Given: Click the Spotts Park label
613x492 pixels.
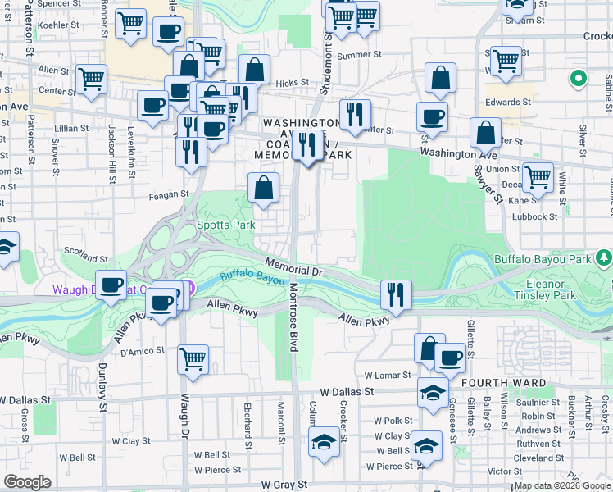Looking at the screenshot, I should tap(225, 225).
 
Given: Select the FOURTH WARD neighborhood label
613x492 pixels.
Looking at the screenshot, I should tap(497, 383).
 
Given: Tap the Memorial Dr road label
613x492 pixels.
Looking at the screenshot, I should tap(295, 267).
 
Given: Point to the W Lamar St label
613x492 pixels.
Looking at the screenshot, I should tap(392, 374).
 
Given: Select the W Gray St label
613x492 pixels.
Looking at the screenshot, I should tap(279, 485).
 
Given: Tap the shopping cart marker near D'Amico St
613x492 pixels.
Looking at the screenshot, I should tap(193, 358).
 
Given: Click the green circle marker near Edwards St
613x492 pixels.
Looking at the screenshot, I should tap(578, 80).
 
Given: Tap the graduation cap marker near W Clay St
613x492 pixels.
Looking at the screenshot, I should tap(324, 443).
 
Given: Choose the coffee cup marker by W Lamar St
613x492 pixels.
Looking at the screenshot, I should tap(449, 358).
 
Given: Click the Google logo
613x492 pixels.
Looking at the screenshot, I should tap(28, 482).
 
